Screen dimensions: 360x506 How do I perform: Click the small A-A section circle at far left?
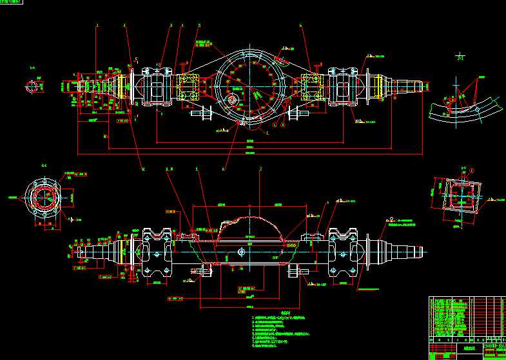(33, 86)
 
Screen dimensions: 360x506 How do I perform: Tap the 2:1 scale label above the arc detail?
(459, 58)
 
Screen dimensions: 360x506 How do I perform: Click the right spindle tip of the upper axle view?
(422, 84)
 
